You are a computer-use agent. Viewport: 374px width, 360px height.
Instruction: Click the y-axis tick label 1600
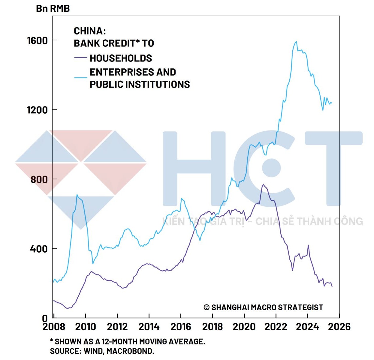click(x=37, y=40)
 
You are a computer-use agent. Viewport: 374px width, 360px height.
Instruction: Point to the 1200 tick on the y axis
click(x=37, y=110)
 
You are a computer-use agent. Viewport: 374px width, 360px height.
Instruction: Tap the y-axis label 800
click(x=39, y=179)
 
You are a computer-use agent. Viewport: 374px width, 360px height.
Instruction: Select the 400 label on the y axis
click(x=39, y=249)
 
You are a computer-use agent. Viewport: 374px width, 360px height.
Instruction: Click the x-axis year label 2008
click(x=54, y=327)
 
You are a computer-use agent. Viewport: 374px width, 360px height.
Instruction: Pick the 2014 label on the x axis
click(x=149, y=327)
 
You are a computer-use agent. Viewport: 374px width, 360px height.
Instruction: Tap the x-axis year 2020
click(x=244, y=327)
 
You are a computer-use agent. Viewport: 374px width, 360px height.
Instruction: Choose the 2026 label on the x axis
click(x=339, y=327)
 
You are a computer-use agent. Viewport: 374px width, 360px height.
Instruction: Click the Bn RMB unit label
click(x=53, y=8)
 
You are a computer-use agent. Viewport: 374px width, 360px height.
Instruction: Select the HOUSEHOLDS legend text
click(x=121, y=58)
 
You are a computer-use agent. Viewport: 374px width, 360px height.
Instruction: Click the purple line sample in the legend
click(x=80, y=58)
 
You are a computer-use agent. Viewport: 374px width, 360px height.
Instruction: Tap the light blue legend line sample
click(x=80, y=78)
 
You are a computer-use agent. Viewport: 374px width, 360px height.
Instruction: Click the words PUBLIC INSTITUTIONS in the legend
click(x=140, y=84)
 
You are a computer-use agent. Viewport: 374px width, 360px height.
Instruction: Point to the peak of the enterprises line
click(x=296, y=42)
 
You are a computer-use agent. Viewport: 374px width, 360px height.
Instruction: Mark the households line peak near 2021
click(x=263, y=185)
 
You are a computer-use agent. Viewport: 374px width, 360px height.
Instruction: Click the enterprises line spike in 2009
click(x=77, y=195)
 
